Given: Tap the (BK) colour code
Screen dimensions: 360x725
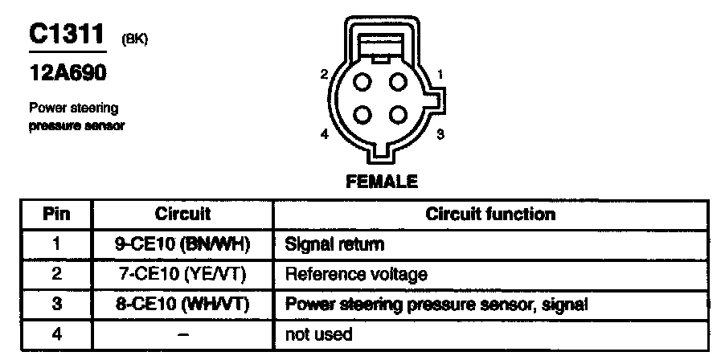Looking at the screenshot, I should (133, 39).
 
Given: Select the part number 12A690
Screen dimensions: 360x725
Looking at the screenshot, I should (68, 75).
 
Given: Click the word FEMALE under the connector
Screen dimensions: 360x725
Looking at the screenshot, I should (382, 182).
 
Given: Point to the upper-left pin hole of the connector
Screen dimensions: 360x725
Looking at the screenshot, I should (363, 81).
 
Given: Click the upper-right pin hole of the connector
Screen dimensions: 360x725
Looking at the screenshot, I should (396, 81).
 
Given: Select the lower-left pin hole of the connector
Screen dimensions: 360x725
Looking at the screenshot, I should (363, 114).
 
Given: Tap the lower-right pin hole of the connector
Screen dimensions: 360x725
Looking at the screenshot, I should (396, 114).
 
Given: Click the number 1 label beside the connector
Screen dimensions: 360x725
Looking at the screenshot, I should (440, 76).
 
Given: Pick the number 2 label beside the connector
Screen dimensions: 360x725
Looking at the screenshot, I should (324, 75).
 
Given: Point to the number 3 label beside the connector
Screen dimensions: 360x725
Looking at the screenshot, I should (440, 134).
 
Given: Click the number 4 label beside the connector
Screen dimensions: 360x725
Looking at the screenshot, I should (324, 134).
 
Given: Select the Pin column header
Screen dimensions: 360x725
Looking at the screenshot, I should (56, 214).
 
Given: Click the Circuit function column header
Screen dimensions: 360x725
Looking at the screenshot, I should (489, 214).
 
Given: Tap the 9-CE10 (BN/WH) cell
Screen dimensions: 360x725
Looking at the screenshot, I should (183, 243).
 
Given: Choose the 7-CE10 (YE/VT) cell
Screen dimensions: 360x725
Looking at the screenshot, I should (183, 274).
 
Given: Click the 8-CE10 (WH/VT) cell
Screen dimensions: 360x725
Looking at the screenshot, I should (183, 304).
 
